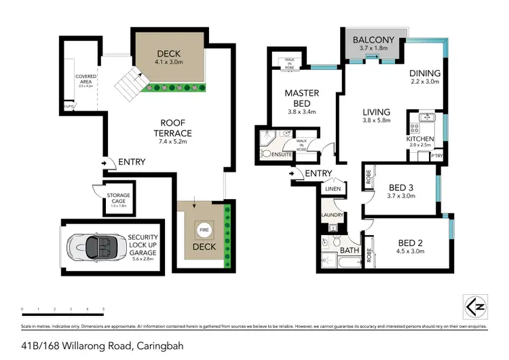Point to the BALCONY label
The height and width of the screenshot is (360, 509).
373,39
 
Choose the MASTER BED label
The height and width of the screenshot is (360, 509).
302,98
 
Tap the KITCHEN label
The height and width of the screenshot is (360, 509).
420,139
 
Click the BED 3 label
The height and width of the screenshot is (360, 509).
401,187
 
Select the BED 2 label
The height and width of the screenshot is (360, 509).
411,242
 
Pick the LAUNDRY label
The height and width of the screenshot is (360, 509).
332,215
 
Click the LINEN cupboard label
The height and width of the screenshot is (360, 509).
332,189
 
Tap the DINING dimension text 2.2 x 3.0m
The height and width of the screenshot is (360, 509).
425,83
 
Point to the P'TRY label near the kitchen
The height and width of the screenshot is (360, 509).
436,156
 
